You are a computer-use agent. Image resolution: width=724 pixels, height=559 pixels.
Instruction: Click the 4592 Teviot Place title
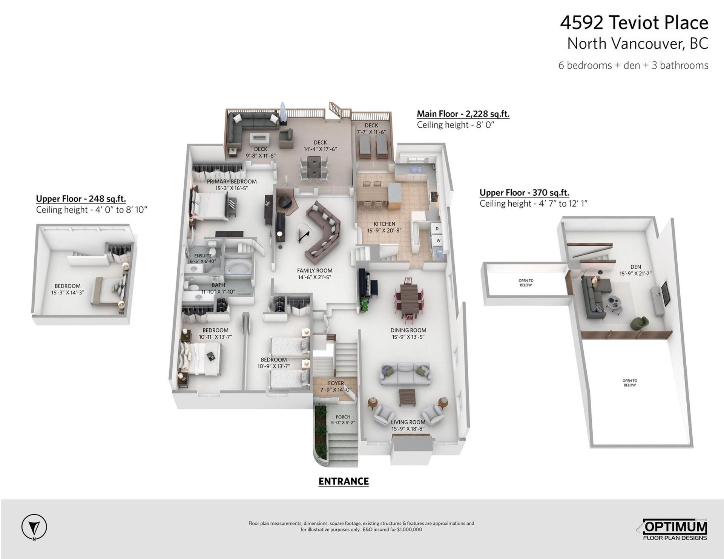click(x=634, y=23)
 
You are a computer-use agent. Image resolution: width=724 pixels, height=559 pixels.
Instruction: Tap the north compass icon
click(x=34, y=527)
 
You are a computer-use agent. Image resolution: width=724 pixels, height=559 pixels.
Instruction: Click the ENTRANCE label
click(x=344, y=481)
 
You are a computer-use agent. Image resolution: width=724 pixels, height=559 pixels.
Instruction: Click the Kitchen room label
click(x=384, y=224)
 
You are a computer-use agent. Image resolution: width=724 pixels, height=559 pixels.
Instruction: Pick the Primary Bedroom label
click(x=232, y=181)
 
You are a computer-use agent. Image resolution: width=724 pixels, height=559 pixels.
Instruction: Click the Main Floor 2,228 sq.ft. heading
click(x=463, y=114)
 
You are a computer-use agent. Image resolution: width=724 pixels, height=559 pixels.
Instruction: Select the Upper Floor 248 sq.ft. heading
click(x=81, y=199)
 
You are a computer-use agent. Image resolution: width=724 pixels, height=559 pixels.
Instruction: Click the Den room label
click(x=635, y=267)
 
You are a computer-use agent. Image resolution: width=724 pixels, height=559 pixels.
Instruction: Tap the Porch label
click(x=343, y=417)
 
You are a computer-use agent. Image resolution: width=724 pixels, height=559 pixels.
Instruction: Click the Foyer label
click(x=336, y=383)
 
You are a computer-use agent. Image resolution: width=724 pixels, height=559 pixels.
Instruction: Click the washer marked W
click(x=438, y=240)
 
